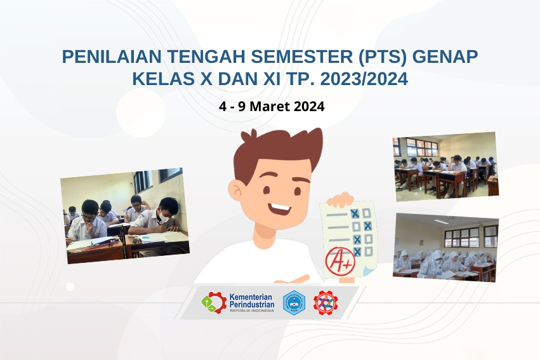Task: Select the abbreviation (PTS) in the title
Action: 383,57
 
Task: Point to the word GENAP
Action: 445,57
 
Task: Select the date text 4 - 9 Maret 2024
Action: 272,107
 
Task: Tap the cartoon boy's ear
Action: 237,193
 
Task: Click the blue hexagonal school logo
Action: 294,303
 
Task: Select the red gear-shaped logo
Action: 326,303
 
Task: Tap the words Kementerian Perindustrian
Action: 252,301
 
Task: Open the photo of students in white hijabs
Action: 446,247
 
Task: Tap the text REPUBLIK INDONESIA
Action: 252,310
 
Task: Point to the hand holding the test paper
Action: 340,199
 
